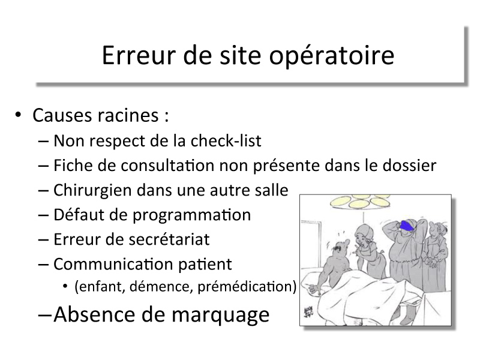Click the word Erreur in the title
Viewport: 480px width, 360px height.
pyautogui.click(x=139, y=55)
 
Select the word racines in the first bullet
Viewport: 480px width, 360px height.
pyautogui.click(x=128, y=115)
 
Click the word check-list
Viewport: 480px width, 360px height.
pyautogui.click(x=226, y=141)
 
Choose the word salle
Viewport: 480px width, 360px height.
pyautogui.click(x=272, y=190)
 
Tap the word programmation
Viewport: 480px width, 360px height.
pyautogui.click(x=191, y=215)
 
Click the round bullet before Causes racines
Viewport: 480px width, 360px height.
pyautogui.click(x=18, y=115)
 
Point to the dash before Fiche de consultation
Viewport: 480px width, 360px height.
pyautogui.click(x=43, y=166)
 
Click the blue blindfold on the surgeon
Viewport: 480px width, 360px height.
pyautogui.click(x=407, y=226)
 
